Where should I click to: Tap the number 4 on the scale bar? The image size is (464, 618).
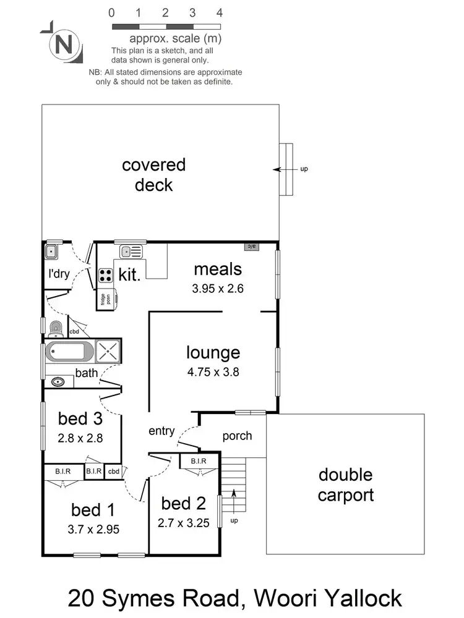pos(220,12)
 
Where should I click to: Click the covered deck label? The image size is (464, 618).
pos(153,175)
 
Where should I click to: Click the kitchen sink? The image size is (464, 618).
pos(131,251)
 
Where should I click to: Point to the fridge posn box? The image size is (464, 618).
pos(106,298)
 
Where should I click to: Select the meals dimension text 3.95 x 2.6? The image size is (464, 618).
pos(217,288)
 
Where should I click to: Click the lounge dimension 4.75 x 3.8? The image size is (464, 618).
pos(213,372)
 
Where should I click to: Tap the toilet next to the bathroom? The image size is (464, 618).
pos(55,327)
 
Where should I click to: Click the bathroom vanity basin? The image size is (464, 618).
pos(59,381)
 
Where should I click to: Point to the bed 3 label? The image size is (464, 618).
pos(80,418)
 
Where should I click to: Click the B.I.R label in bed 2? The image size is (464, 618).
pos(198,461)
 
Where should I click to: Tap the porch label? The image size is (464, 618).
pos(237,436)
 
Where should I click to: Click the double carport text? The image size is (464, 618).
pos(345,485)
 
